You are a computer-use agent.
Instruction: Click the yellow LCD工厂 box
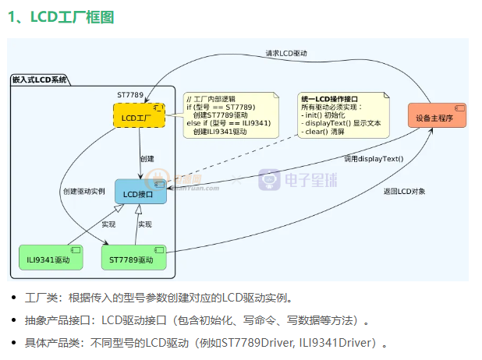(139, 118)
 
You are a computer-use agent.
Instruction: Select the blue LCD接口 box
(140, 192)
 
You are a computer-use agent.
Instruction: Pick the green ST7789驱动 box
(134, 259)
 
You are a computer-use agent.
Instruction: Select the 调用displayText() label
(375, 159)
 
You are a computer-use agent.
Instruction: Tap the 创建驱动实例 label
(84, 191)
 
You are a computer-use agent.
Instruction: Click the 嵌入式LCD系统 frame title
(40, 79)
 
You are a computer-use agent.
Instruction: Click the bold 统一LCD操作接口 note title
(329, 99)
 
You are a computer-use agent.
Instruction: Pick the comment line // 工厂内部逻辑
(211, 99)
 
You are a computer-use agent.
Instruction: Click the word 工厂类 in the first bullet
(37, 298)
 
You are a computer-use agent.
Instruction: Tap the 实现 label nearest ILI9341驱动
(108, 224)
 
